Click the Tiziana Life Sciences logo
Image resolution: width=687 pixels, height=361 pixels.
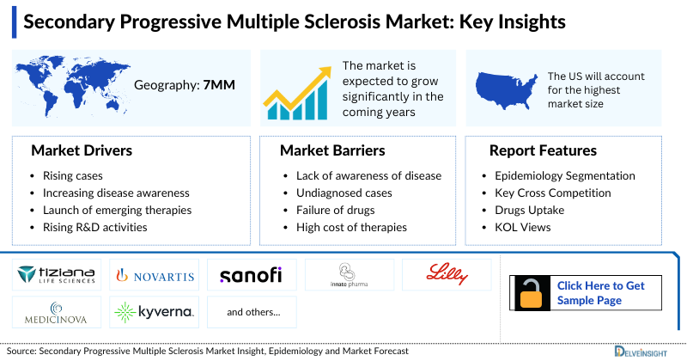coord(57,275)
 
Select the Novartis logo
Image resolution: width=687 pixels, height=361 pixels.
coord(155,275)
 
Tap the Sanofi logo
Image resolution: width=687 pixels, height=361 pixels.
coord(252,275)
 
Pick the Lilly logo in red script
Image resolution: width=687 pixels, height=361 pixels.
coord(447,274)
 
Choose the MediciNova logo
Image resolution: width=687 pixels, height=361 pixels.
coord(57,311)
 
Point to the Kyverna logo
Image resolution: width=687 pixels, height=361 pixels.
coord(155,311)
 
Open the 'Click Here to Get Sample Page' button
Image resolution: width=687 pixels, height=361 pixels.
coord(601,292)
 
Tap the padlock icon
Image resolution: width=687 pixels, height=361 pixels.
coord(532,292)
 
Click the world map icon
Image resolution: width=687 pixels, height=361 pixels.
coord(73,84)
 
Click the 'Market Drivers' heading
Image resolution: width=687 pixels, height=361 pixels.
coord(82,150)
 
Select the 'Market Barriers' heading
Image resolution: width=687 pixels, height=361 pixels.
coord(332,150)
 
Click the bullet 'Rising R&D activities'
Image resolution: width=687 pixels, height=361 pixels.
coord(94,227)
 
